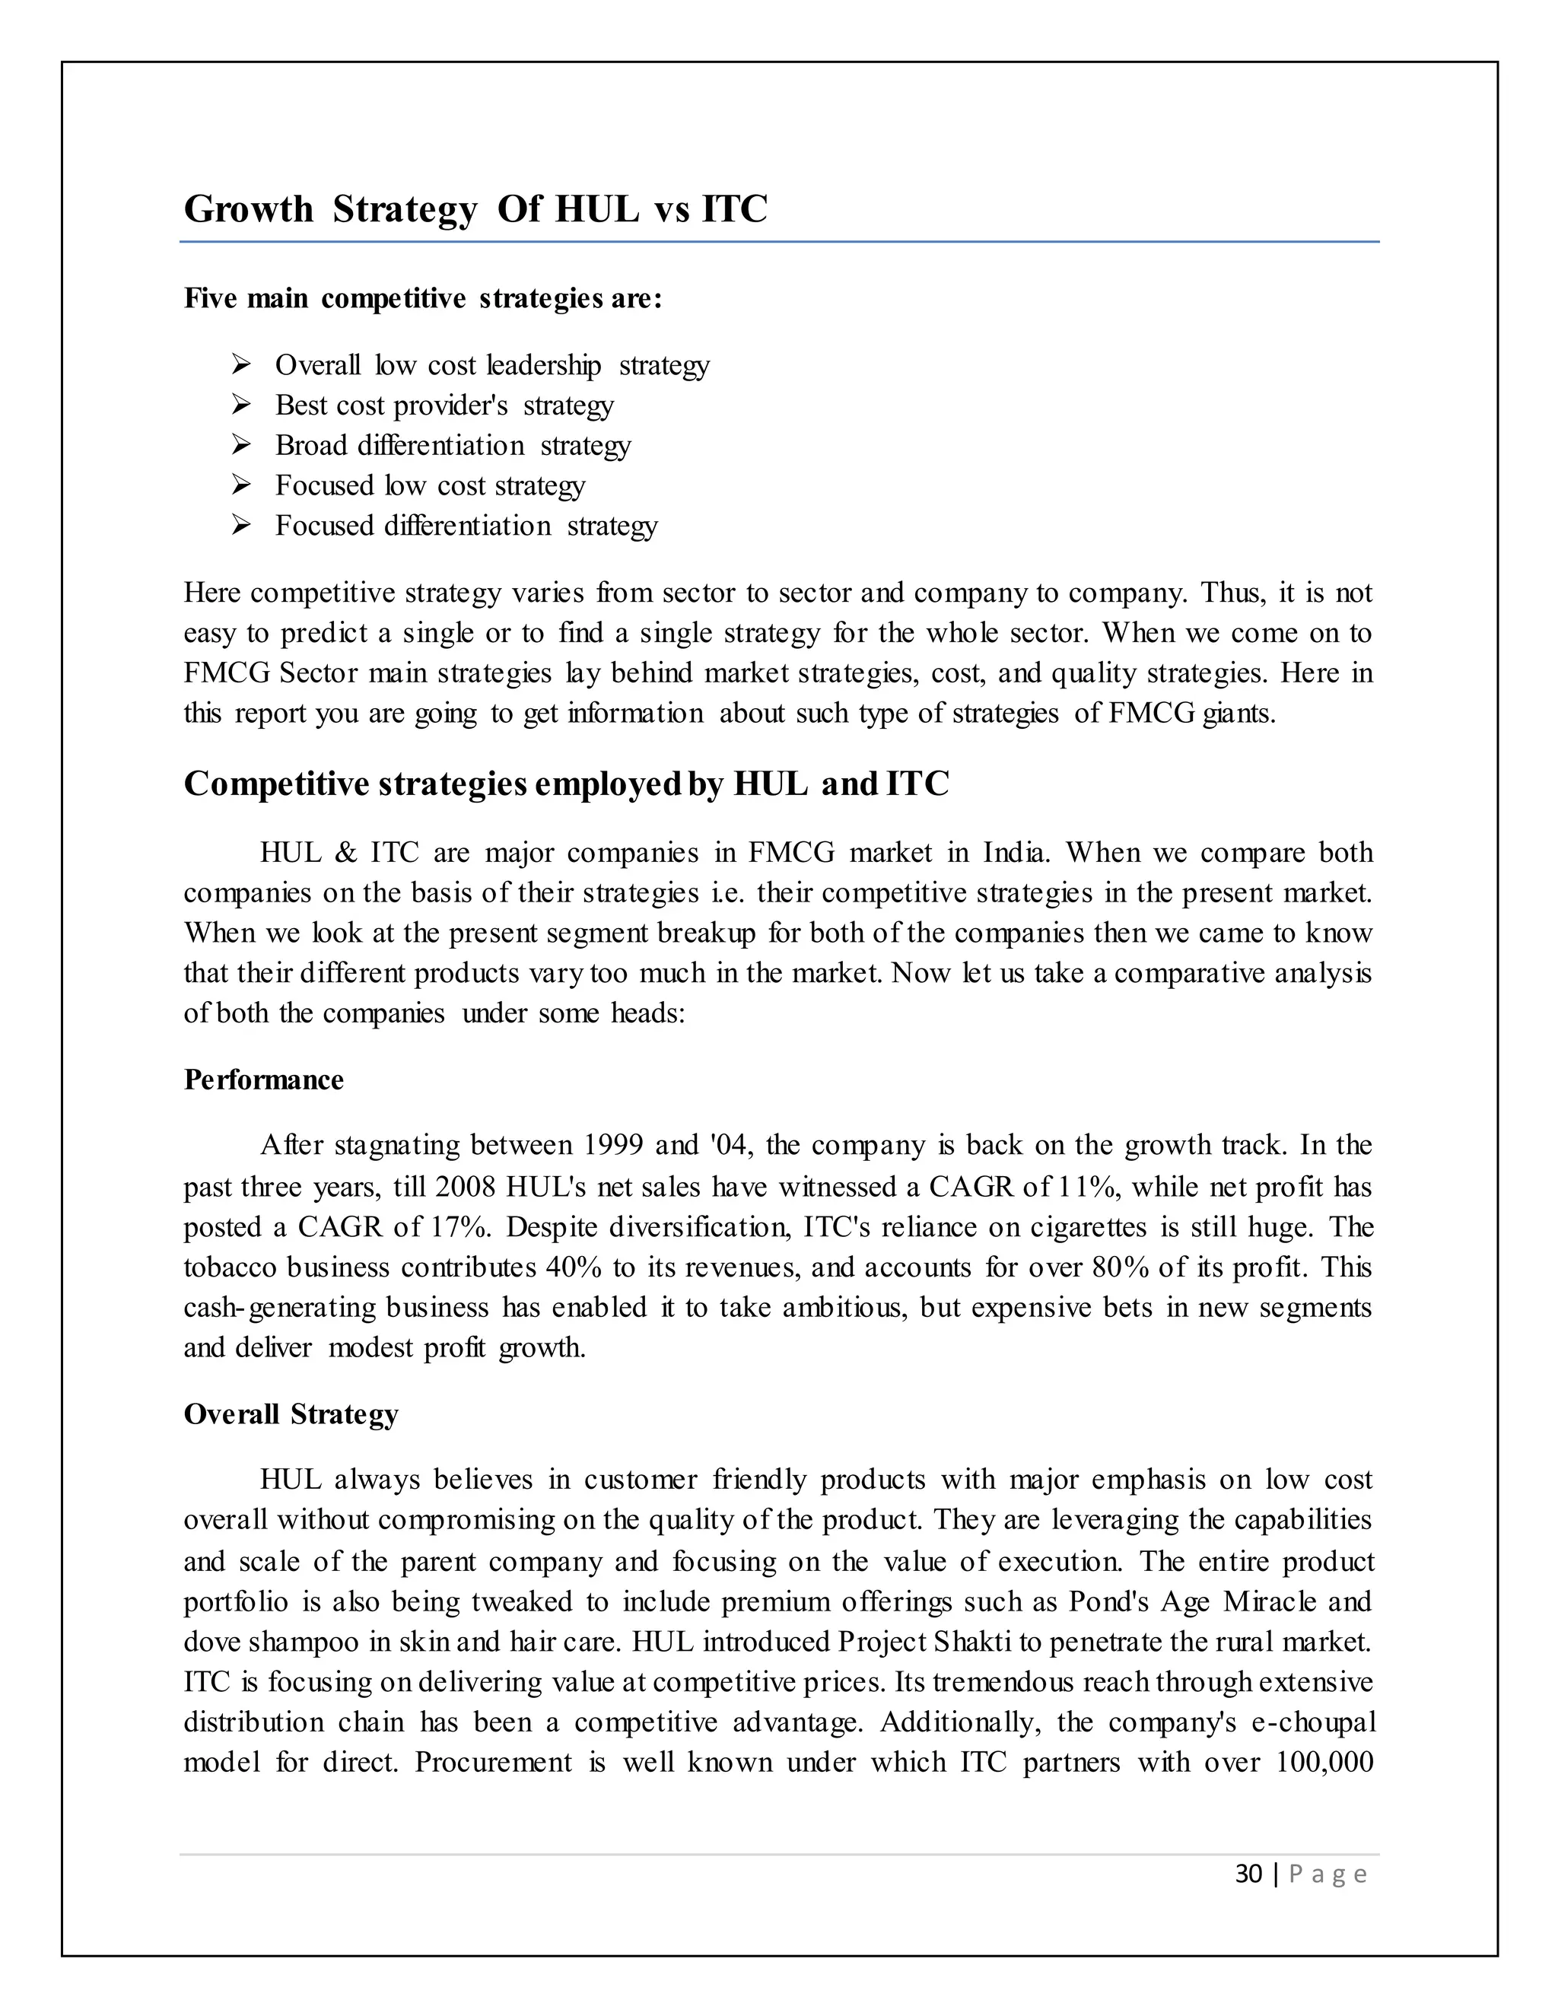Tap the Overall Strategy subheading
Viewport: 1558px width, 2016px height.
291,1414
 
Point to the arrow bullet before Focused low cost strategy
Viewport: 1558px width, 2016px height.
241,485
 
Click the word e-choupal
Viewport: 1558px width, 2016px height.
1312,1722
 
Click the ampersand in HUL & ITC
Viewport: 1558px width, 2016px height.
346,852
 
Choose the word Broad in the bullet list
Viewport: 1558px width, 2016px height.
310,445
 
